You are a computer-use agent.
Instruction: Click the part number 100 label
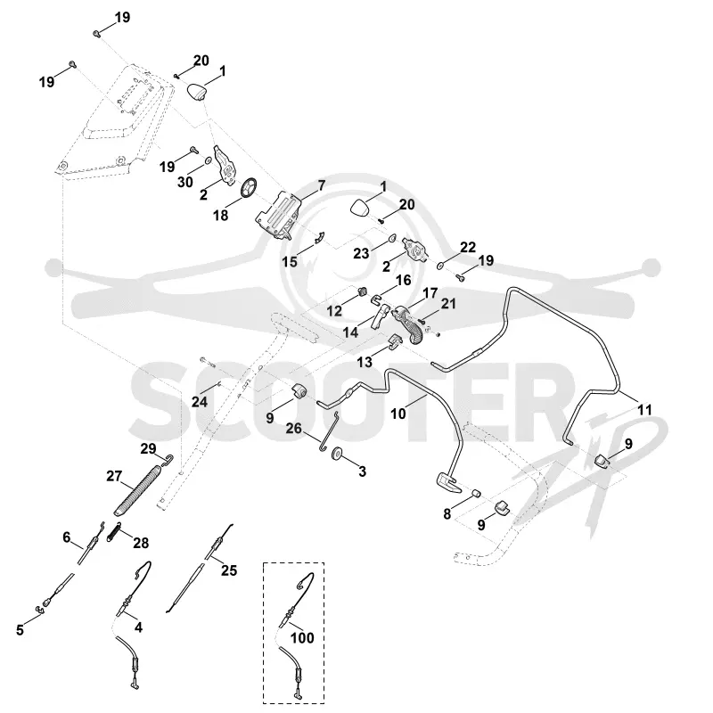click(x=302, y=638)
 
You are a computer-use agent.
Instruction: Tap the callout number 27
click(x=114, y=476)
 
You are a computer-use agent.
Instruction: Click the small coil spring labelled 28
click(x=114, y=531)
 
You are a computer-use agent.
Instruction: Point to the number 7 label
click(x=322, y=185)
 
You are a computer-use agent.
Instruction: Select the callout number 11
click(x=644, y=410)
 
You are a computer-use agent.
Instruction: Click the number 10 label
click(x=397, y=414)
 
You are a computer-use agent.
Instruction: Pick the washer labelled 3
click(x=338, y=454)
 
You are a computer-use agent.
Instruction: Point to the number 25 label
click(x=229, y=570)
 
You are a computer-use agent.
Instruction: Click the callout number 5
click(x=20, y=630)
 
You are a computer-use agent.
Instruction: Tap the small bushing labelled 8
click(x=477, y=494)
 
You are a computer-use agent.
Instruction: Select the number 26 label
click(x=294, y=429)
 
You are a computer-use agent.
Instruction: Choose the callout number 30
click(x=185, y=183)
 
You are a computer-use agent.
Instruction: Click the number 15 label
click(x=289, y=262)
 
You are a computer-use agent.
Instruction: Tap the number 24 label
click(x=199, y=402)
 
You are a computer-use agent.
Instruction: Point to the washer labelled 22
click(x=440, y=266)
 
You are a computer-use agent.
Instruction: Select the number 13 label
click(x=365, y=362)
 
